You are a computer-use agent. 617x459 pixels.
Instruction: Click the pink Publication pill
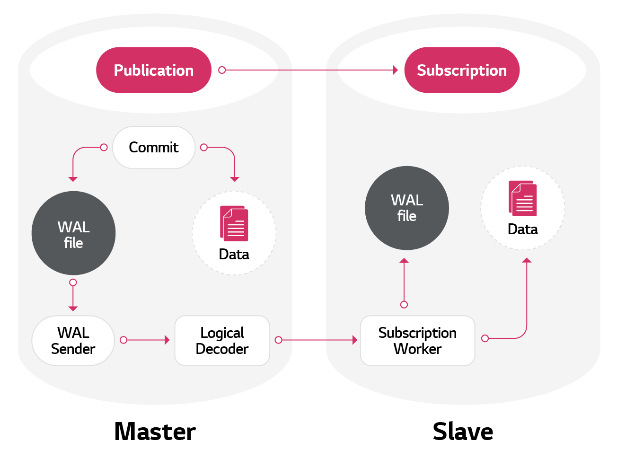pyautogui.click(x=154, y=70)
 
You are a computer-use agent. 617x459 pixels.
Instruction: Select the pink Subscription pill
pyautogui.click(x=462, y=70)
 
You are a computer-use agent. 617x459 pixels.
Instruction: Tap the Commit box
pyautogui.click(x=154, y=148)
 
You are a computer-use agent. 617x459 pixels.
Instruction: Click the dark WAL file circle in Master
pyautogui.click(x=73, y=233)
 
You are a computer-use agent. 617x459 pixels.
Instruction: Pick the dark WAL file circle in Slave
pyautogui.click(x=407, y=208)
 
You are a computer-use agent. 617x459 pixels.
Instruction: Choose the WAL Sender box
pyautogui.click(x=73, y=341)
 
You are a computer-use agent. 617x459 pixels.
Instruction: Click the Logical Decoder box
pyautogui.click(x=222, y=341)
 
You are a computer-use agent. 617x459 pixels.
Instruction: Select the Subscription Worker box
pyautogui.click(x=417, y=341)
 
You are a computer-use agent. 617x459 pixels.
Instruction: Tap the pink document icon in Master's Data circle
pyautogui.click(x=234, y=223)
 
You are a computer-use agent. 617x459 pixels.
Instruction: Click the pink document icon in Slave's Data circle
pyautogui.click(x=523, y=198)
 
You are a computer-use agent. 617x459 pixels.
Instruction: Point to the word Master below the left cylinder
pyautogui.click(x=155, y=432)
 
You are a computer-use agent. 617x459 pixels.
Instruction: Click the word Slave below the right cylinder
pyautogui.click(x=463, y=432)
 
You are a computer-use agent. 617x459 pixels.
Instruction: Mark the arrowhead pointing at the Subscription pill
pyautogui.click(x=396, y=70)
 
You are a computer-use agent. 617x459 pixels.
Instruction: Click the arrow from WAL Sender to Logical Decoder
pyautogui.click(x=147, y=340)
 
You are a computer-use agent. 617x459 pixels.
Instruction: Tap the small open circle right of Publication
pyautogui.click(x=222, y=70)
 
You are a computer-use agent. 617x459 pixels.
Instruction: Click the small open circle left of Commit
pyautogui.click(x=104, y=148)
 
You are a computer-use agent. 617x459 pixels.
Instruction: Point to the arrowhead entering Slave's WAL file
pyautogui.click(x=404, y=261)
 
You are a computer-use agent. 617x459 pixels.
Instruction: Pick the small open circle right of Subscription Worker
pyautogui.click(x=485, y=338)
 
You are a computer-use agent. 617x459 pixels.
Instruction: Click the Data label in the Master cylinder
pyautogui.click(x=234, y=255)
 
